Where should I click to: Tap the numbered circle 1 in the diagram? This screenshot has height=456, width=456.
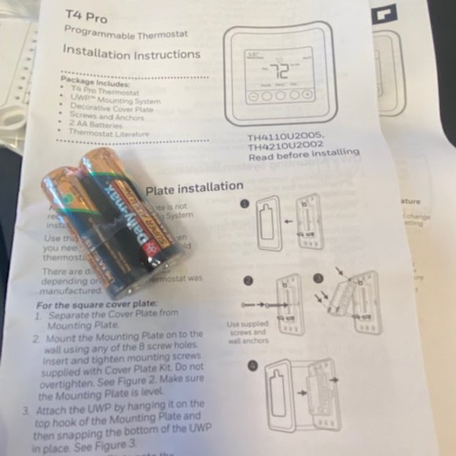click(245, 203)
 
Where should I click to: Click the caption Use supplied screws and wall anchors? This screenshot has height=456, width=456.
click(248, 331)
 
